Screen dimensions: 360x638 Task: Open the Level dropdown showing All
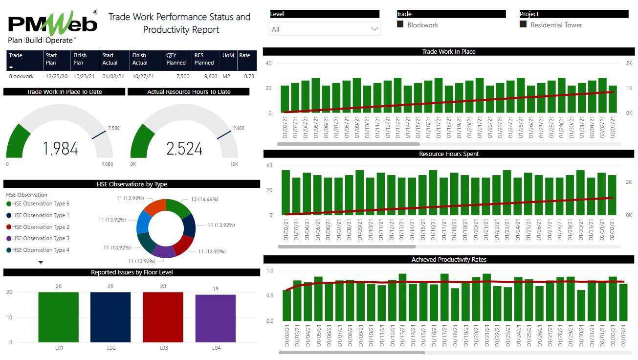(324, 29)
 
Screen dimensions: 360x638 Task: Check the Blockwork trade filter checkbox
(400, 24)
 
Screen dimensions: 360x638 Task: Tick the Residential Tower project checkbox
(523, 24)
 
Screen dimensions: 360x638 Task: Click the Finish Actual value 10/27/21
(143, 76)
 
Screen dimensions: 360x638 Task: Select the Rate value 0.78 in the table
(249, 76)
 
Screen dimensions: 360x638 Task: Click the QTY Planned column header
(176, 59)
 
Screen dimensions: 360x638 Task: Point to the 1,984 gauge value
(60, 149)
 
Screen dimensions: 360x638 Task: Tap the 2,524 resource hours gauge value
(184, 149)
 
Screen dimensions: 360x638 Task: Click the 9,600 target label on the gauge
(239, 128)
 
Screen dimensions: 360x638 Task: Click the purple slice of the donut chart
(164, 250)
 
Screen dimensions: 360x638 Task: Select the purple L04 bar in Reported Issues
(215, 318)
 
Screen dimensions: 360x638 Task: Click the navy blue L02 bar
(110, 317)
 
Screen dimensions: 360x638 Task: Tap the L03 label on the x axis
(163, 348)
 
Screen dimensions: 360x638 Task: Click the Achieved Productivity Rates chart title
(448, 259)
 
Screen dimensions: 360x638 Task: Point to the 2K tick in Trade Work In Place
(628, 64)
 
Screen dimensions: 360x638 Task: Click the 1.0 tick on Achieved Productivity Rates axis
(269, 270)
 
